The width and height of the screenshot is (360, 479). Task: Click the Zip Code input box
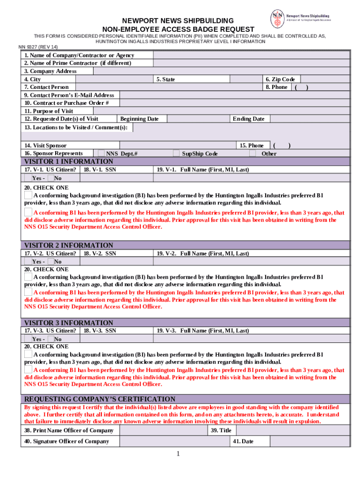tap(324, 79)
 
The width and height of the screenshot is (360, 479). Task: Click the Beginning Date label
tap(139, 119)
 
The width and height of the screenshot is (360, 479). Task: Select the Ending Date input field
tap(309, 119)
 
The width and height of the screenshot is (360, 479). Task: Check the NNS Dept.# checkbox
tap(101, 153)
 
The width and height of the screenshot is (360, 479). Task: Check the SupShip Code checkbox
tap(176, 153)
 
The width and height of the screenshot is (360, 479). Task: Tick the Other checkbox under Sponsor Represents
tap(252, 153)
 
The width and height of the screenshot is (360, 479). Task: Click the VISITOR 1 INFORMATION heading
tap(69, 161)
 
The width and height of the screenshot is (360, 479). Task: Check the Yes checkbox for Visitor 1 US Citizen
tap(28, 178)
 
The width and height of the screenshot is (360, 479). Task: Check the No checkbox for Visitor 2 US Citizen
tap(50, 261)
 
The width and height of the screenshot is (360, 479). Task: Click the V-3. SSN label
tap(100, 330)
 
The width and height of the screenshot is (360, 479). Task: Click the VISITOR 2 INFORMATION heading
tap(69, 245)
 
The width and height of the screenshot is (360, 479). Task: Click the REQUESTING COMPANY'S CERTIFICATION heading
tap(100, 399)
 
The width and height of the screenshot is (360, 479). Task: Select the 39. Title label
tap(221, 430)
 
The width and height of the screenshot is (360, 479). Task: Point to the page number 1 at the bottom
tap(178, 454)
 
